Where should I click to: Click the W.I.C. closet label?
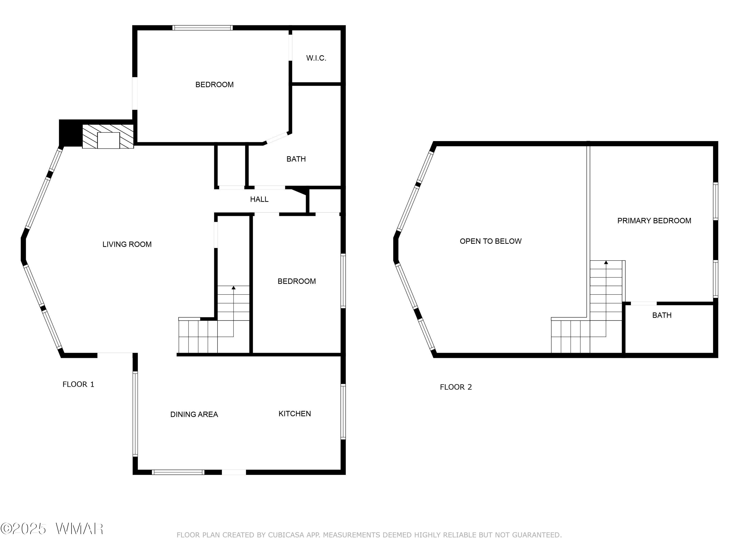[x=316, y=58]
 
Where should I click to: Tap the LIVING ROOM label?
[x=127, y=244]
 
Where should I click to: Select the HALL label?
[x=259, y=199]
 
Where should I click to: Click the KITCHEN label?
[x=295, y=414]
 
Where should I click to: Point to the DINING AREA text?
[x=194, y=414]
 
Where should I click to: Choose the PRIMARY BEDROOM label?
[x=654, y=221]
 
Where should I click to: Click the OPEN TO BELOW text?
[x=490, y=241]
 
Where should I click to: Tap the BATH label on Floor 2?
[x=662, y=315]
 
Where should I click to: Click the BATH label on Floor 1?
[x=296, y=159]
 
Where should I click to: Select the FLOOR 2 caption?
[x=456, y=387]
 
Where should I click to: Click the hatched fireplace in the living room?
[x=108, y=136]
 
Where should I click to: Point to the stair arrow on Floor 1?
[x=234, y=288]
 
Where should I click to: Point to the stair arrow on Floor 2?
[x=606, y=262]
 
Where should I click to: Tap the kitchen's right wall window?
[x=343, y=411]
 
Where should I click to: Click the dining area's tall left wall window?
[x=135, y=414]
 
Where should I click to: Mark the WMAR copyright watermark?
[x=52, y=529]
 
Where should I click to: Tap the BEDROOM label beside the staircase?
[x=297, y=281]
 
